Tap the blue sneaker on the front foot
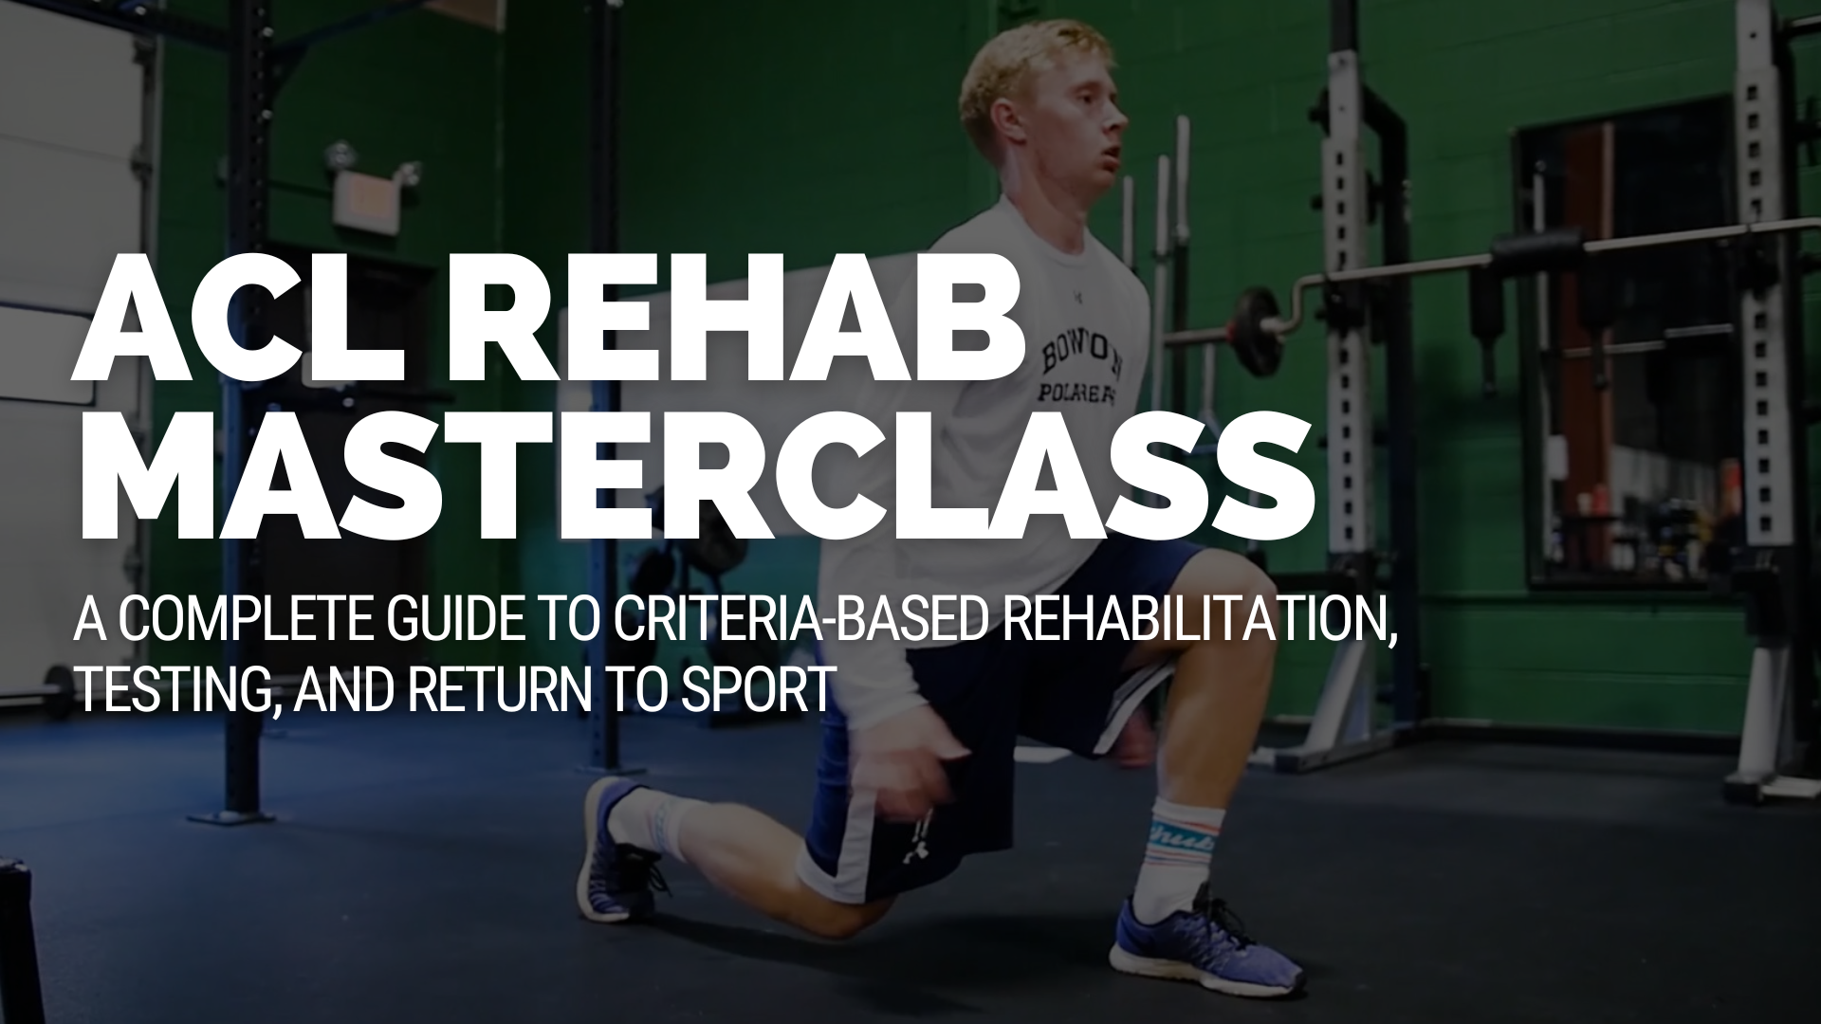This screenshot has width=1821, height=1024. point(1200,939)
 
